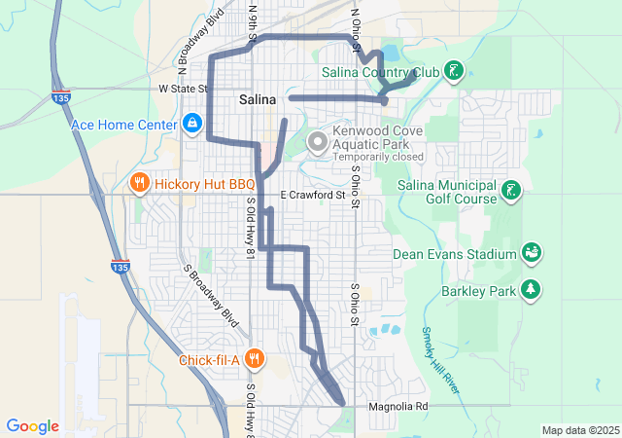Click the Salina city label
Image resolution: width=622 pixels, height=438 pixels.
[258, 99]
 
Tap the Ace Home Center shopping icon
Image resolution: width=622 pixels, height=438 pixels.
[192, 124]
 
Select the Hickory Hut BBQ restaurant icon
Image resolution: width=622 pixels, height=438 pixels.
[140, 182]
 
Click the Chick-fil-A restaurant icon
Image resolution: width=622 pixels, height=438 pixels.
[254, 358]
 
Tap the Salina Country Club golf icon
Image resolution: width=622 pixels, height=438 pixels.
[453, 70]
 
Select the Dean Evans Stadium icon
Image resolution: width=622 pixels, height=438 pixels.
[532, 254]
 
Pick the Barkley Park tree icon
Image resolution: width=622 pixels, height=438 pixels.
[531, 289]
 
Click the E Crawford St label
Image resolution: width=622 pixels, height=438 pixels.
[313, 196]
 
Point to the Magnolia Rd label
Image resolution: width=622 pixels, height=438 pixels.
[397, 406]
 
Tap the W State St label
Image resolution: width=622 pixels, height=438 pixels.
[184, 89]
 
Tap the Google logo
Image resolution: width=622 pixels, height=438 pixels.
[33, 426]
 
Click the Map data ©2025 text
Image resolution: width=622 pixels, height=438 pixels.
[580, 430]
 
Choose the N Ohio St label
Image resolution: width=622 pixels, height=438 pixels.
[358, 21]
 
